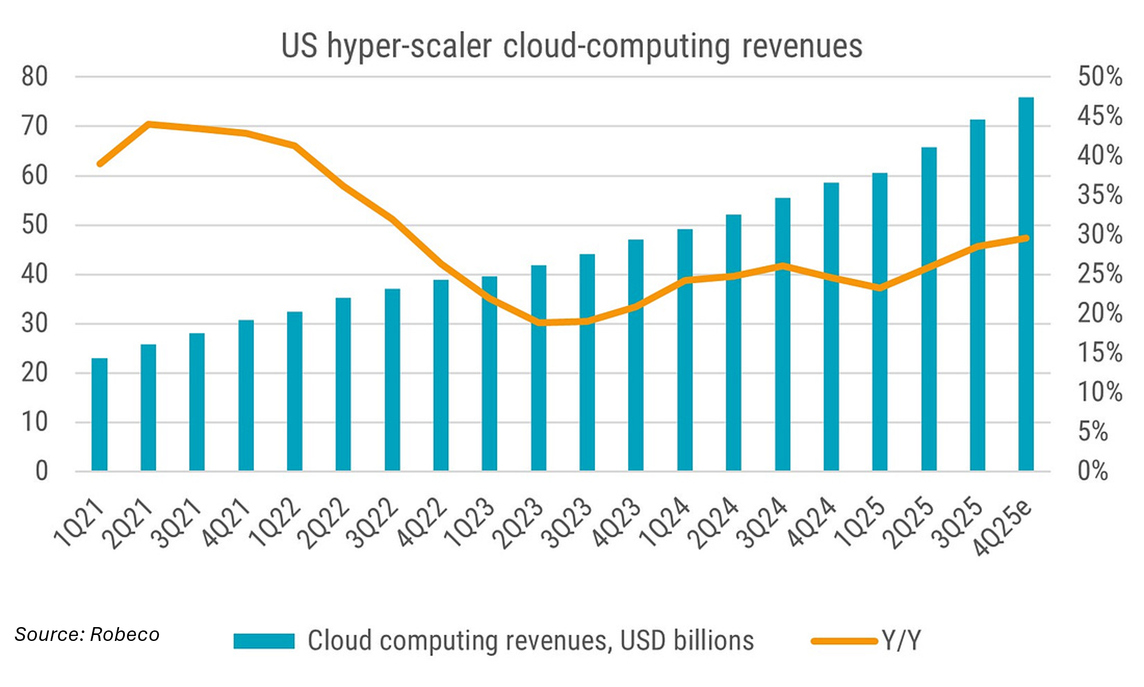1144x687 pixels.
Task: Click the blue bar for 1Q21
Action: coord(100,414)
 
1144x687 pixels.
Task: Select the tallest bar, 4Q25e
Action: coord(1026,284)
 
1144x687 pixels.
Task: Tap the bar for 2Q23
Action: coord(538,368)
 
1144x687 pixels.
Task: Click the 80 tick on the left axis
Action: coord(35,77)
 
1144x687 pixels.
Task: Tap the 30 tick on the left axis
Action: coord(35,323)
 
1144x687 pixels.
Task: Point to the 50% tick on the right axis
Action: coord(1100,77)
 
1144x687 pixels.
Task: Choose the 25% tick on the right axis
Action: coord(1100,274)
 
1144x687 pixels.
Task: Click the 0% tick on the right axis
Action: coord(1093,471)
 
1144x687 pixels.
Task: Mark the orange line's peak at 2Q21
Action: coord(149,124)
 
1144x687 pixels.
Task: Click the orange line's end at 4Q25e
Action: coord(1026,238)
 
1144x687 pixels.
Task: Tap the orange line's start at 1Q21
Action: coord(100,164)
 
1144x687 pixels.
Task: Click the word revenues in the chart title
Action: coord(802,46)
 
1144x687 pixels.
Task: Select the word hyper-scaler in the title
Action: coord(410,46)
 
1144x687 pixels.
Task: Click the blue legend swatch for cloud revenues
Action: coord(264,641)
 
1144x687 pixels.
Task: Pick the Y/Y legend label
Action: coord(901,641)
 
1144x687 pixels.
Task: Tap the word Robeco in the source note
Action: coord(124,634)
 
